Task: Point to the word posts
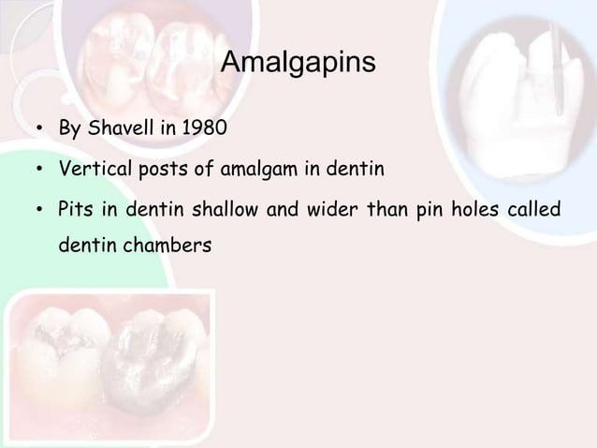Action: (x=160, y=171)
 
